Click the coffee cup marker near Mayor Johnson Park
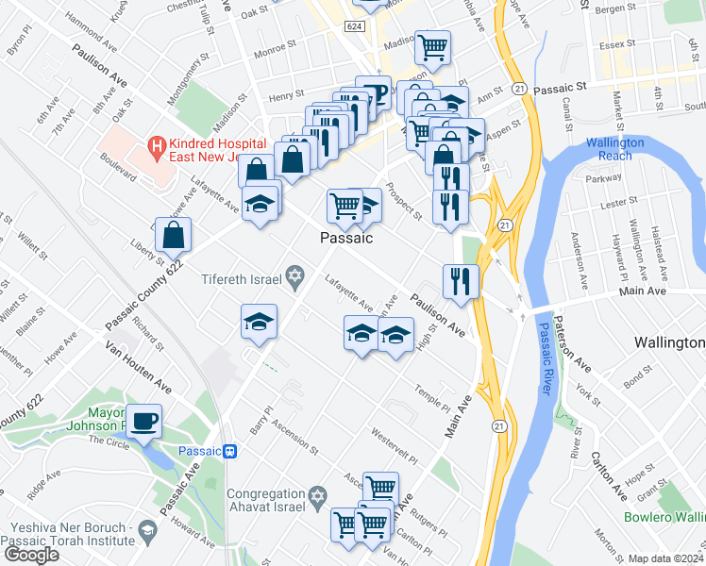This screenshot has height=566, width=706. (x=144, y=421)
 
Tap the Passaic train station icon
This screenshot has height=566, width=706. (x=231, y=451)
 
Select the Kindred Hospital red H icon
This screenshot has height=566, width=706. (x=157, y=146)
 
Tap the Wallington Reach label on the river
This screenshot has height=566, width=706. (x=615, y=148)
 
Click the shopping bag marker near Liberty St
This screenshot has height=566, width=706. (x=174, y=236)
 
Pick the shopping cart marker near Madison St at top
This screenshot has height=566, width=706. (x=432, y=46)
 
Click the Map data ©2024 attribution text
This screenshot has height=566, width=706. (x=666, y=558)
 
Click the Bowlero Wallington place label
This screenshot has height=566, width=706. (x=664, y=516)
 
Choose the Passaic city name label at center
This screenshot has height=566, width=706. (x=345, y=238)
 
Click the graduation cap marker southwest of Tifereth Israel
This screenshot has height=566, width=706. (x=259, y=322)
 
